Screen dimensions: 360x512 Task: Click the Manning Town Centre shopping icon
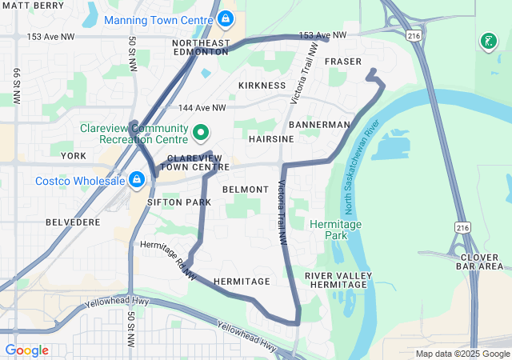(x=226, y=17)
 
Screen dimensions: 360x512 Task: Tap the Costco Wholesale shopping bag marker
(x=137, y=179)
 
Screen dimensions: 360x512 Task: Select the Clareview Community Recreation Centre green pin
(x=201, y=133)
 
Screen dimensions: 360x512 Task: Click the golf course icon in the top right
(x=487, y=41)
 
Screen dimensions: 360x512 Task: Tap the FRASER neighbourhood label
(x=344, y=62)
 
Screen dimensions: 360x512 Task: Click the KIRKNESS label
(x=262, y=85)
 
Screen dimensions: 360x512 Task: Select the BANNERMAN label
(x=319, y=126)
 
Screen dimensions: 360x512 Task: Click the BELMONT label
(x=245, y=190)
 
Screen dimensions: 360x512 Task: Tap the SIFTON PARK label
(x=179, y=202)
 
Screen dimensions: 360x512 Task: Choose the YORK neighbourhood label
(x=73, y=156)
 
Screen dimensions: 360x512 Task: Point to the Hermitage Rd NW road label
(x=169, y=262)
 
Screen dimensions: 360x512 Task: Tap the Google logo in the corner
(x=26, y=350)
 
